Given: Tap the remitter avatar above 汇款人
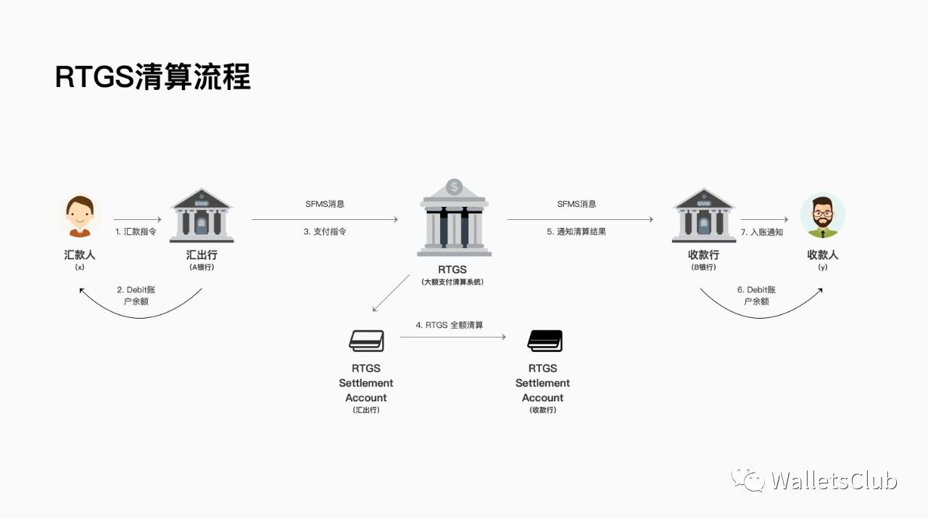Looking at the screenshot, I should point(80,217).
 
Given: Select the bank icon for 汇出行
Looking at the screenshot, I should point(202,216).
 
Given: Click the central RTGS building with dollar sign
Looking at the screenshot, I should point(454,218).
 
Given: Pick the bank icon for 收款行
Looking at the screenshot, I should point(703,216).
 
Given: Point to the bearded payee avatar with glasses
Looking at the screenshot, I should point(822,216).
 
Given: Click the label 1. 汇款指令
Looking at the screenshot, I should point(136,232).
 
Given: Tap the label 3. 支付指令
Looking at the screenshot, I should point(325,232).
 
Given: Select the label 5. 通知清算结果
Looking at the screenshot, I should point(576,232).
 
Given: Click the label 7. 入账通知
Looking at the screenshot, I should point(761,232).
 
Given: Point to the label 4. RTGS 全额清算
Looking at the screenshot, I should point(449,325).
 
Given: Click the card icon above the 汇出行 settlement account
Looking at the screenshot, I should point(366,340).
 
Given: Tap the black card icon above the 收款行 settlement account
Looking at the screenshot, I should point(544,340).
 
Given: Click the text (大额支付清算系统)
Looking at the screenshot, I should point(452,282).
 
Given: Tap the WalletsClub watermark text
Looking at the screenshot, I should point(834,481).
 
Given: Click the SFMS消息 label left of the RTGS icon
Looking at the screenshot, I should point(325,204).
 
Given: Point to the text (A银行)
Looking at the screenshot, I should point(201,267).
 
